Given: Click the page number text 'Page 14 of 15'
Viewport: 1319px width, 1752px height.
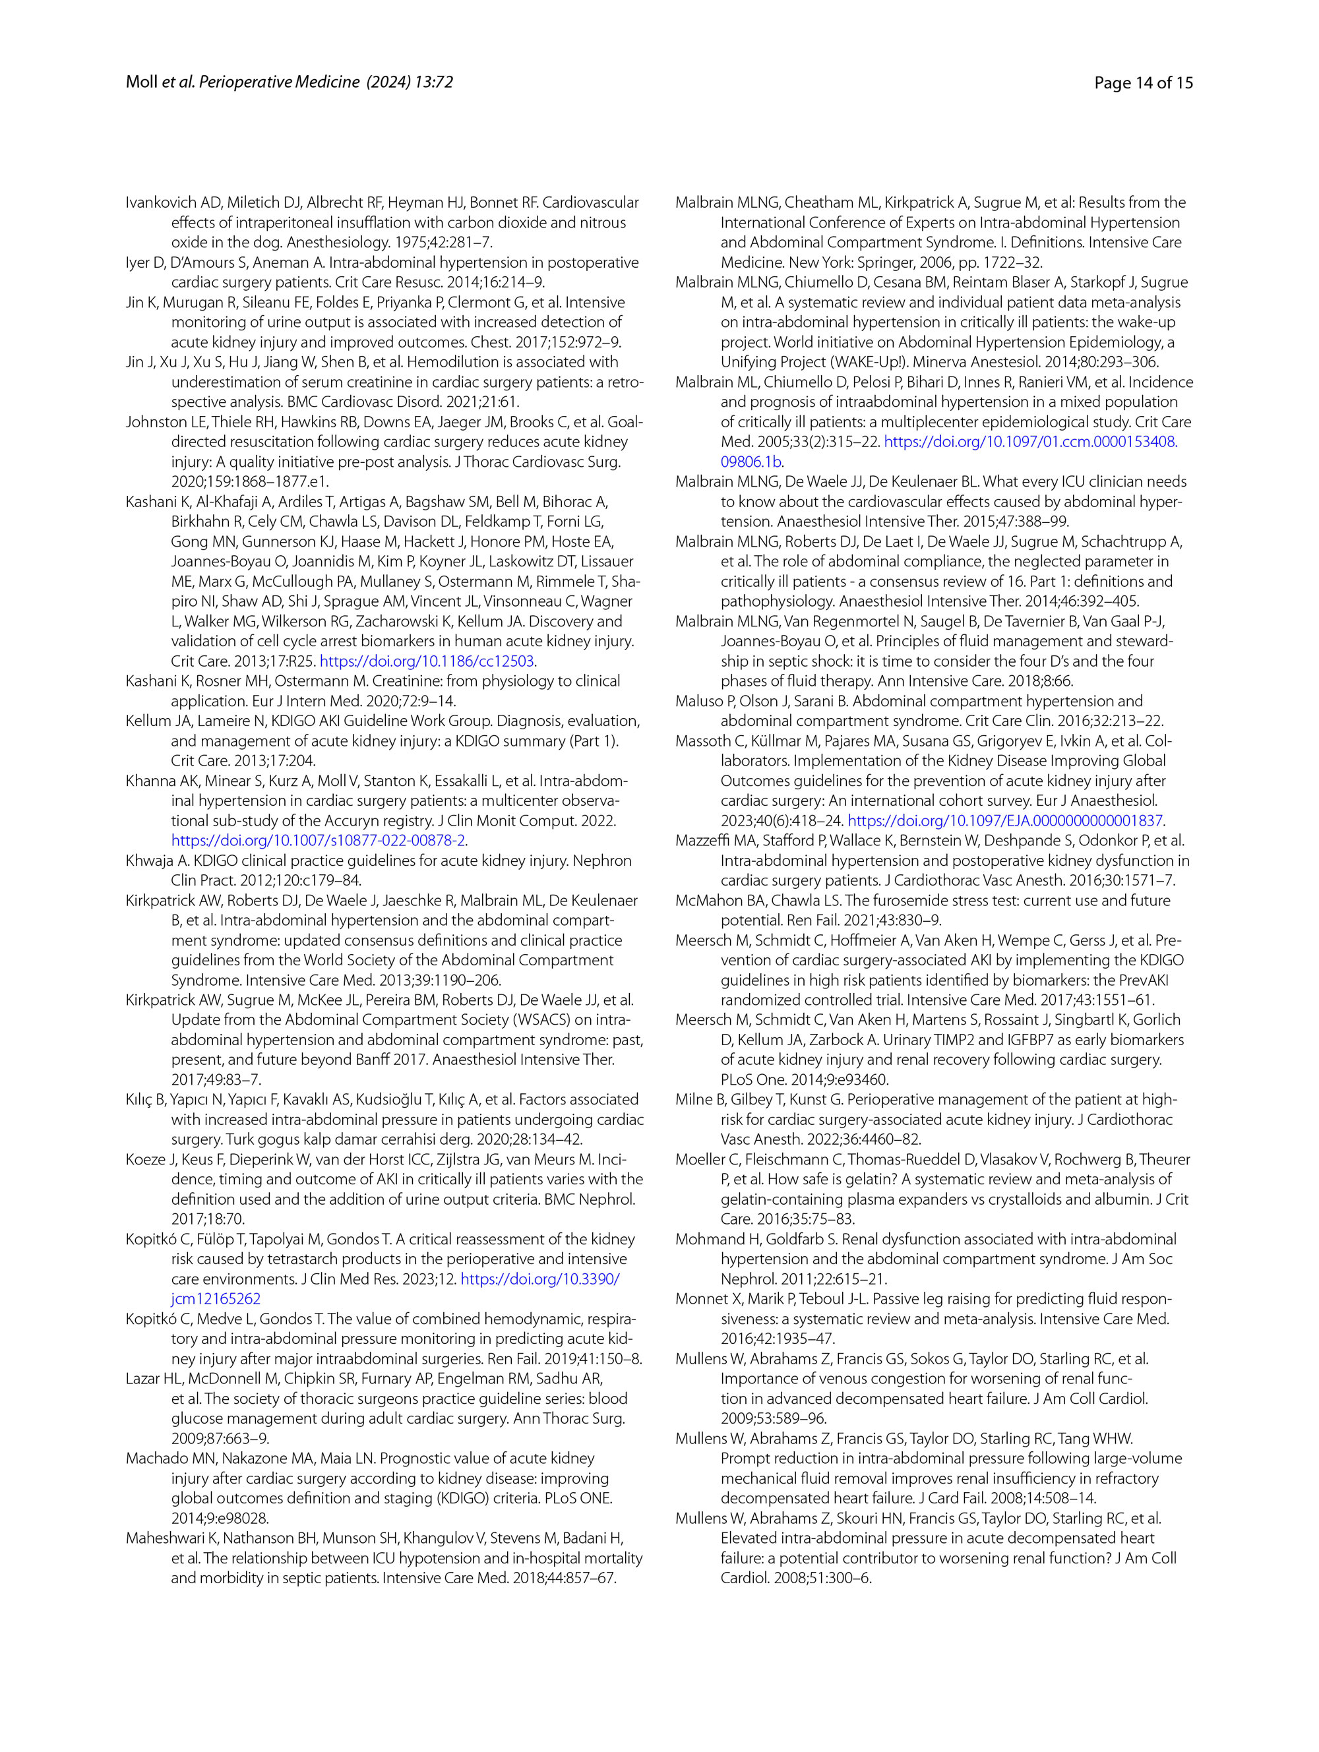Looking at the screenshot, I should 1142,82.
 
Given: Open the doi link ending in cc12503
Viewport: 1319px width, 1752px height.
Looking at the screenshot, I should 428,661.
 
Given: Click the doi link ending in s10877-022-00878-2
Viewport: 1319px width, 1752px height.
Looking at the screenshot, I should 318,840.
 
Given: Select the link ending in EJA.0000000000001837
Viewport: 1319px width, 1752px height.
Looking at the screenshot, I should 1004,820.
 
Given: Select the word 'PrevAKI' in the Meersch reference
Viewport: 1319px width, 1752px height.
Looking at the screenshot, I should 1142,980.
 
